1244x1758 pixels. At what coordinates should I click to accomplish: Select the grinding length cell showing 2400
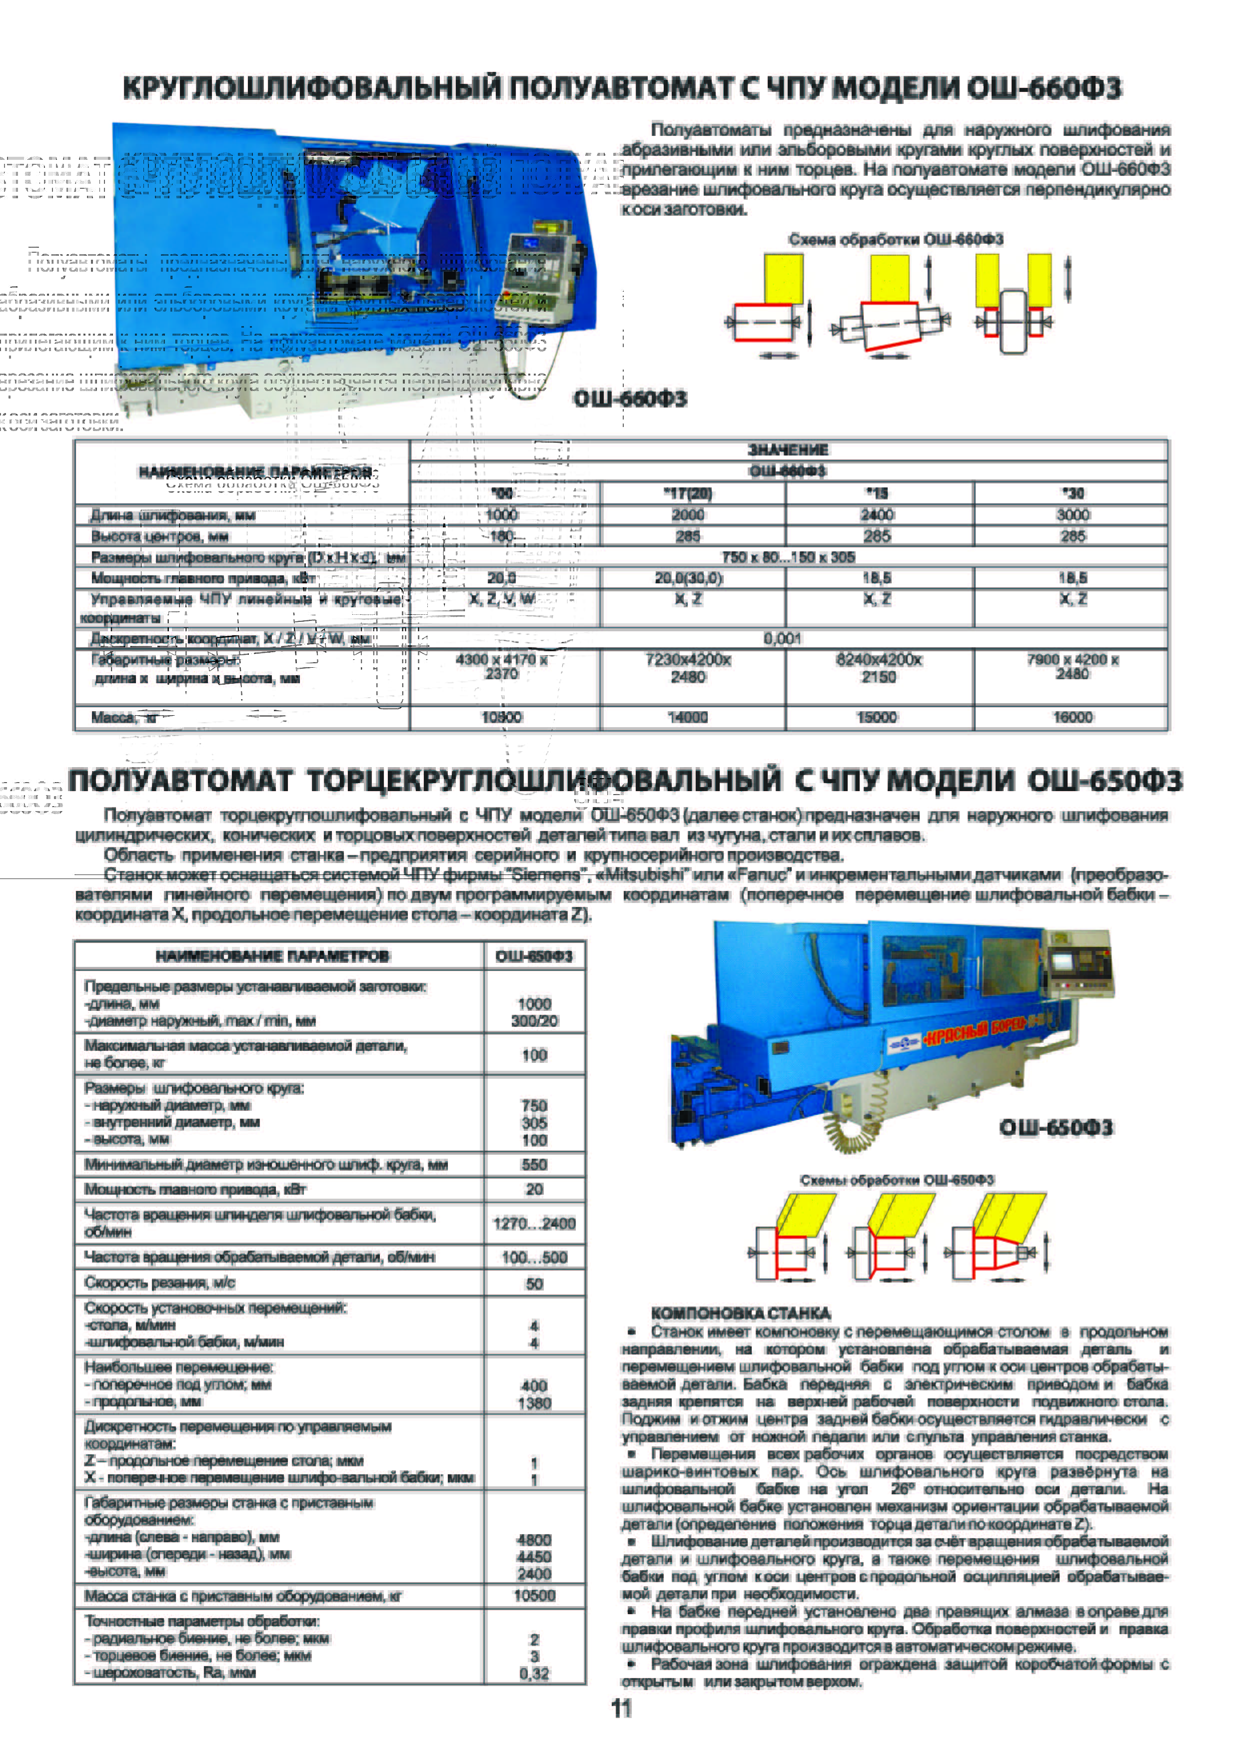pyautogui.click(x=877, y=514)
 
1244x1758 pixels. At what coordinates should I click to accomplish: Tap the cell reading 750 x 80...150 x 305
pyautogui.click(x=788, y=557)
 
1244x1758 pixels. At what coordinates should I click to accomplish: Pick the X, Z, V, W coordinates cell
pyautogui.click(x=502, y=599)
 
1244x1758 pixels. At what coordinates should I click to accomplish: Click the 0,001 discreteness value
pyautogui.click(x=782, y=639)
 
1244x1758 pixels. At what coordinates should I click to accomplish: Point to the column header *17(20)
pyautogui.click(x=688, y=493)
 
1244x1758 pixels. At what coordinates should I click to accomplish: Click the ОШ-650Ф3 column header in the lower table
pyautogui.click(x=534, y=955)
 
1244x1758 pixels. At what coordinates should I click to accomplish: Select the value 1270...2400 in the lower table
pyautogui.click(x=534, y=1224)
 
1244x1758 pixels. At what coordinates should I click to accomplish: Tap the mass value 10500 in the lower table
pyautogui.click(x=534, y=1596)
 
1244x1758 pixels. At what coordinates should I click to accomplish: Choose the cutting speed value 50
pyautogui.click(x=534, y=1283)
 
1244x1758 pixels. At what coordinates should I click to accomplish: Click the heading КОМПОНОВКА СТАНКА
pyautogui.click(x=741, y=1313)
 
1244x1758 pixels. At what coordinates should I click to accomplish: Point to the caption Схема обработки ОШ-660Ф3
pyautogui.click(x=896, y=240)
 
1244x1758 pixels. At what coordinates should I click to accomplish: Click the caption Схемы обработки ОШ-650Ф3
pyautogui.click(x=896, y=1180)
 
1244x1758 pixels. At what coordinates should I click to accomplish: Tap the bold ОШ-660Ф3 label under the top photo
pyautogui.click(x=630, y=399)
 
